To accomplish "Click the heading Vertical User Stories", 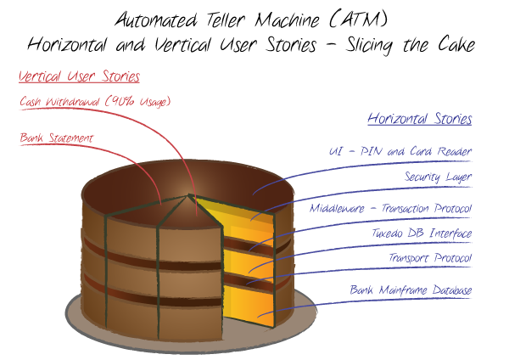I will pos(80,77).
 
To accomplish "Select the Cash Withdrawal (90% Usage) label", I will pos(95,102).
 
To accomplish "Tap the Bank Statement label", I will pos(57,138).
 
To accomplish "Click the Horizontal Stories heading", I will pos(419,119).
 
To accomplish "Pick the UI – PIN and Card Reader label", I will pos(400,152).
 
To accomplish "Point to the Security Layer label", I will pos(438,177).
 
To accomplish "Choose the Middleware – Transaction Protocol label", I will pos(390,208).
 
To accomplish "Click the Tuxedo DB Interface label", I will pos(422,233).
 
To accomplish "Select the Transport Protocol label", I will pos(430,258).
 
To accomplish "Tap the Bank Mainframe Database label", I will pos(411,290).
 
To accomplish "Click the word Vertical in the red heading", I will pos(41,77).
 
